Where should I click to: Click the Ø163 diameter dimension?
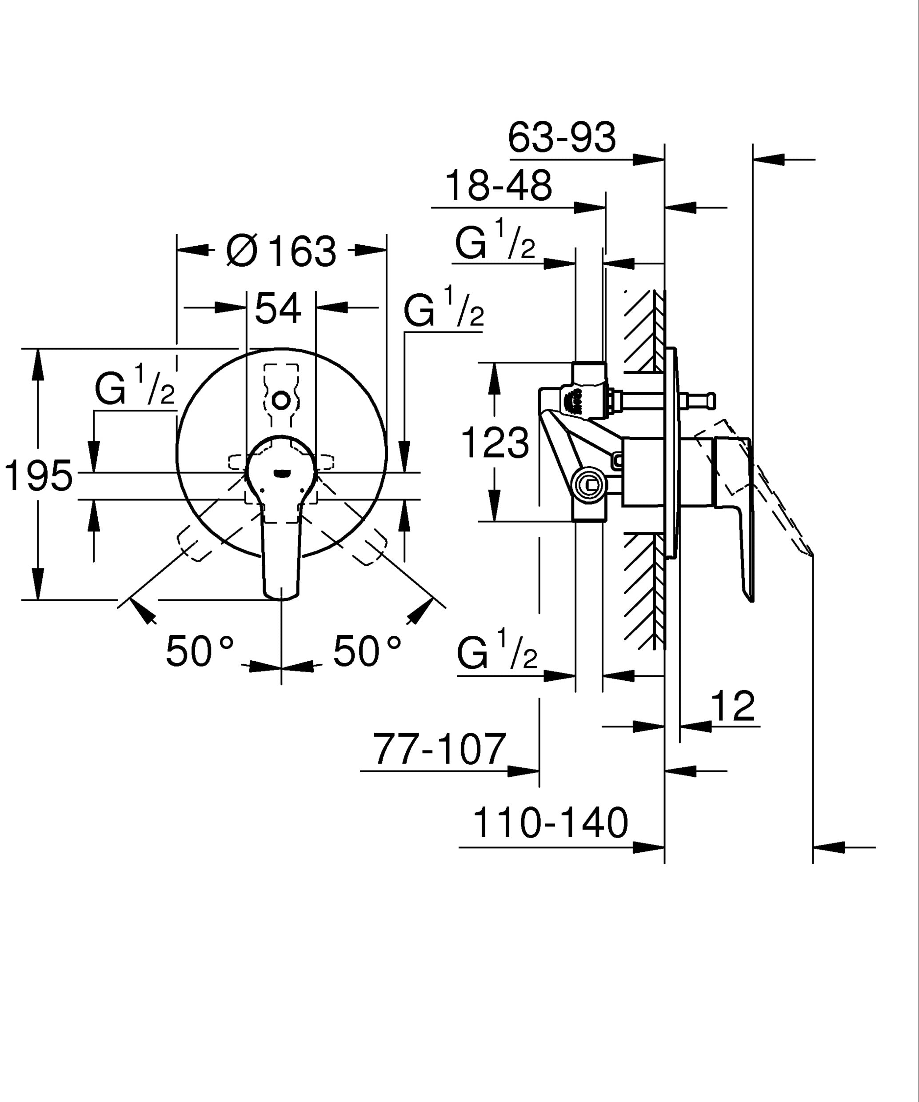click(281, 252)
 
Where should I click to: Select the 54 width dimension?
click(278, 309)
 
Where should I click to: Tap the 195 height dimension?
click(38, 475)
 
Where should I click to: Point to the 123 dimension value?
click(495, 443)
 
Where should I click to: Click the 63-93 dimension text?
click(562, 138)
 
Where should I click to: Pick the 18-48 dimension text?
click(498, 186)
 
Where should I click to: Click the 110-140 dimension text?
click(550, 823)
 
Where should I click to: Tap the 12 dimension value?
click(733, 707)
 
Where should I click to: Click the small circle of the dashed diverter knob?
click(282, 401)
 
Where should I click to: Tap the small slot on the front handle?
click(282, 473)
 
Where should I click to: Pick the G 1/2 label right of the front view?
click(444, 310)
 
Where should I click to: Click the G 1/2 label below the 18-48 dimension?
click(495, 242)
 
